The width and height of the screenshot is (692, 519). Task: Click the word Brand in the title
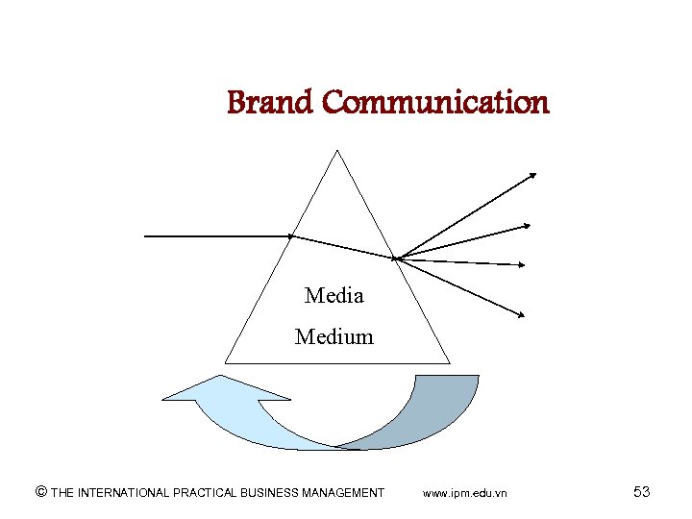pos(270,102)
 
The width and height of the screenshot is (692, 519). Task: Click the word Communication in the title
pos(435,102)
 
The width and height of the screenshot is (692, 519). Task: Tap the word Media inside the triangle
pos(334,296)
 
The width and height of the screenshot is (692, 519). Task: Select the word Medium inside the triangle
pos(334,337)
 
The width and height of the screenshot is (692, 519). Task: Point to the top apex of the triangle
pos(337,151)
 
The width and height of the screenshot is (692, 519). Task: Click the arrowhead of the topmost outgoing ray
pos(533,175)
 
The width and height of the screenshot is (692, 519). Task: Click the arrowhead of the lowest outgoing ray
pos(522,314)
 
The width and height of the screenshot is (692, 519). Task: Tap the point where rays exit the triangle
pos(395,257)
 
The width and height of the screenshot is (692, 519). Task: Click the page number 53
pos(641,492)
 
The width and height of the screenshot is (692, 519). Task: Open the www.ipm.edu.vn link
pos(465,493)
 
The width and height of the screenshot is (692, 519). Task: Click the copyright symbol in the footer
pos(40,492)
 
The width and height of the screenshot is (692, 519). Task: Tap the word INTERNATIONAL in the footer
pos(123,493)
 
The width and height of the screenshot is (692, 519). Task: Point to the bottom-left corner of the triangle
pos(225,363)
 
